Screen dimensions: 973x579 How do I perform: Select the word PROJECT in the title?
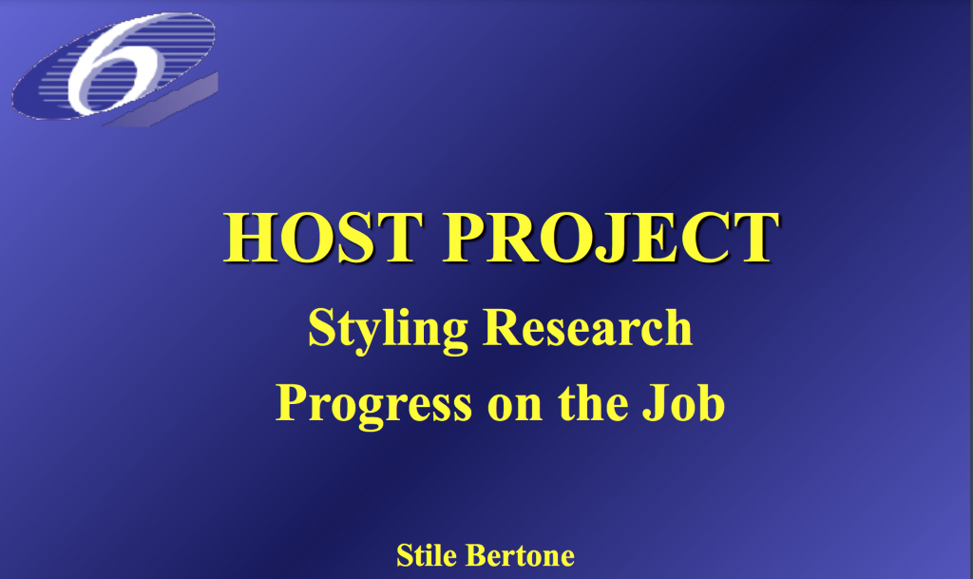click(611, 238)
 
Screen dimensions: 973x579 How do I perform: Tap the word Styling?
click(388, 330)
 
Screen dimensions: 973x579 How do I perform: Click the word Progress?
click(373, 405)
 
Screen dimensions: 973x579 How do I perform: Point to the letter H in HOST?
click(251, 238)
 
